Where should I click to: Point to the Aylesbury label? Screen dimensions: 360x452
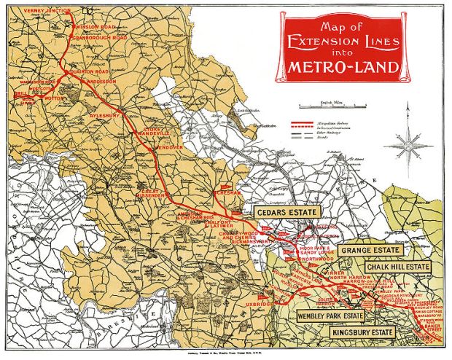(103, 115)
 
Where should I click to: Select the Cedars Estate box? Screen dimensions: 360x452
(287, 211)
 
